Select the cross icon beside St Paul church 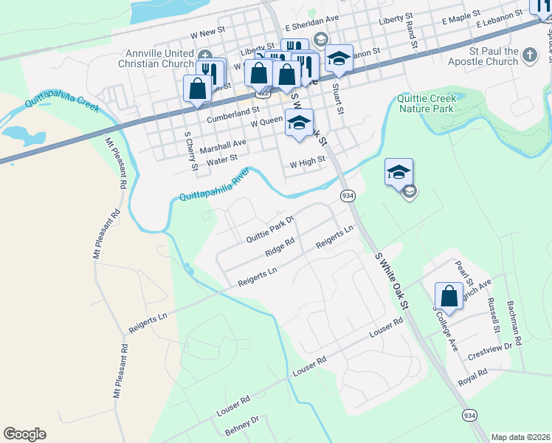[x=530, y=55]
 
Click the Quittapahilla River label [x=215, y=186]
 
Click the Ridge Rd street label [x=280, y=247]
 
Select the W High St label [x=307, y=162]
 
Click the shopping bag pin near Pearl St [x=449, y=297]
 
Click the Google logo [x=24, y=434]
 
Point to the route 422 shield [x=263, y=95]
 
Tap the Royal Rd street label [x=473, y=377]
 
